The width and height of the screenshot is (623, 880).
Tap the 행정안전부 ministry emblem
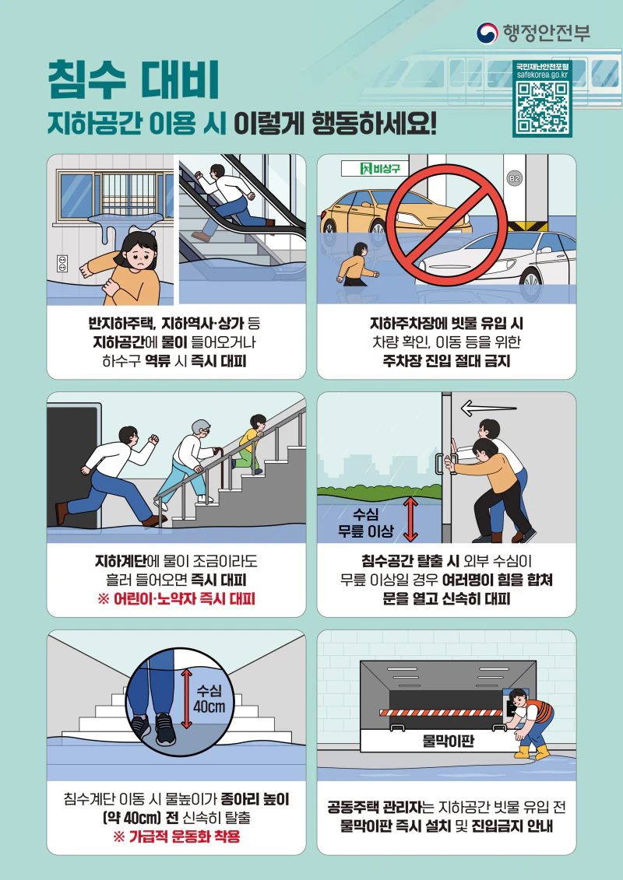(x=487, y=32)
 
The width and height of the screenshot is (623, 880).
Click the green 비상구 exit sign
(x=375, y=169)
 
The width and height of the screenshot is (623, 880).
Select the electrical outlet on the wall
(x=63, y=264)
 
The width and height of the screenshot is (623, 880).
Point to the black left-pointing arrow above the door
(x=488, y=407)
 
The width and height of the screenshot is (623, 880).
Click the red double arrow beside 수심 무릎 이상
(x=410, y=518)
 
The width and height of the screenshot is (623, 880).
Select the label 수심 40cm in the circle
(x=210, y=699)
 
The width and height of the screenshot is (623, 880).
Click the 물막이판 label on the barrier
(x=448, y=741)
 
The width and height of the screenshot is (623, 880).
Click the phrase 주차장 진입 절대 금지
(x=446, y=361)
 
